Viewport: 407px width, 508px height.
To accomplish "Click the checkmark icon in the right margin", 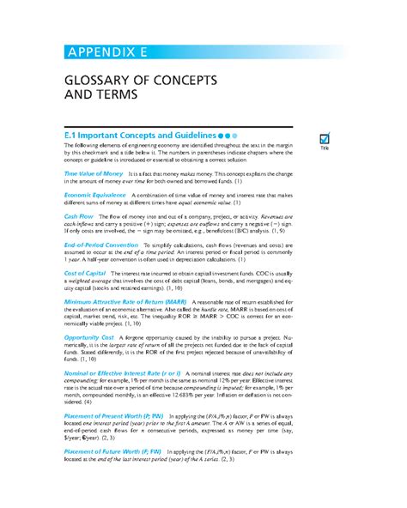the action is pyautogui.click(x=325, y=138).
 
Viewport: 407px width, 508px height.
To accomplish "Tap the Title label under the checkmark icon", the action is pyautogui.click(x=325, y=150).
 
